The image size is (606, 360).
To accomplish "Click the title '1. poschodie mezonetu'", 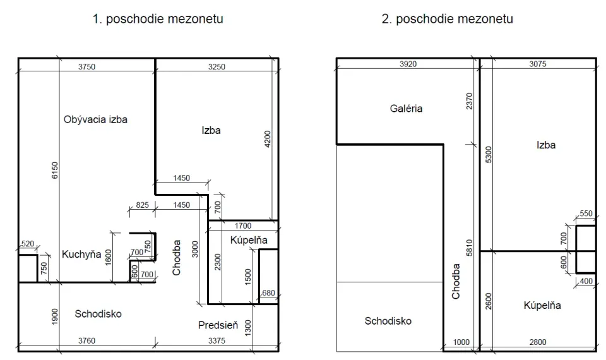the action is pyautogui.click(x=158, y=19).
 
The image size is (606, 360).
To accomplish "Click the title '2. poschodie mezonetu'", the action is pyautogui.click(x=447, y=19).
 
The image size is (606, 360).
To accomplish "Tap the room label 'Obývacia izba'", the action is pyautogui.click(x=95, y=119).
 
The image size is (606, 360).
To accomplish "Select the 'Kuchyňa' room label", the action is pyautogui.click(x=81, y=254).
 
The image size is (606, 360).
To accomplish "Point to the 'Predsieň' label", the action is pyautogui.click(x=218, y=325).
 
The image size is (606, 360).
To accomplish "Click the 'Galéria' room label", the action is pyautogui.click(x=406, y=108).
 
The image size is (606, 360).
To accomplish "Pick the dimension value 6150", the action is pyautogui.click(x=54, y=170).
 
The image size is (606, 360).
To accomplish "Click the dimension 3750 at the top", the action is pyautogui.click(x=86, y=66).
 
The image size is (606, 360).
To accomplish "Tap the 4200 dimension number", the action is pyautogui.click(x=268, y=139).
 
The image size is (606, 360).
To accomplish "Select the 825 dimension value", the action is pyautogui.click(x=142, y=205).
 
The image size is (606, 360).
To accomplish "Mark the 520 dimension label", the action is pyautogui.click(x=27, y=244).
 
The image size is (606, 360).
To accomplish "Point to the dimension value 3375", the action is pyautogui.click(x=217, y=340).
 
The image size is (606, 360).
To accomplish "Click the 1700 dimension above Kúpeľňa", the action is pyautogui.click(x=242, y=225).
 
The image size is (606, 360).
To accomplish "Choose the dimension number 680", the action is pyautogui.click(x=268, y=292).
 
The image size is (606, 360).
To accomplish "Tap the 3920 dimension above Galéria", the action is pyautogui.click(x=408, y=64).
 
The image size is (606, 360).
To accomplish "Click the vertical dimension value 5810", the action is pyautogui.click(x=469, y=248).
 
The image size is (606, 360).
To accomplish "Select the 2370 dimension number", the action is pyautogui.click(x=469, y=101).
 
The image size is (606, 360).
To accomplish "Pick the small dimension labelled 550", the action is pyautogui.click(x=586, y=213).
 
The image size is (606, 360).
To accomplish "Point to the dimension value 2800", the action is pyautogui.click(x=538, y=342).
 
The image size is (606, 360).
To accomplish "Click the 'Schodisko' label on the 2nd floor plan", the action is pyautogui.click(x=388, y=321).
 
